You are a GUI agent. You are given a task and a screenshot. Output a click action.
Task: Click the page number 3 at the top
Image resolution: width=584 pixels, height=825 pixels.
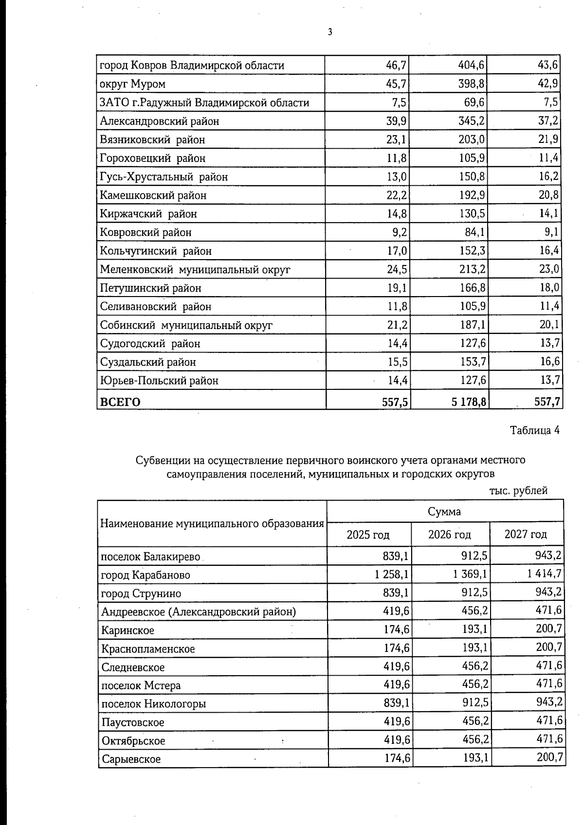click(330, 32)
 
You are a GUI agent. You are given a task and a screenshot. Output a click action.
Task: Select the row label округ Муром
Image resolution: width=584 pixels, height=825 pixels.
click(132, 84)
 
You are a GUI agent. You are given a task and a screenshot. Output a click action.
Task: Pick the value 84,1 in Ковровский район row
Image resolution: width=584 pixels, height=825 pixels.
click(474, 232)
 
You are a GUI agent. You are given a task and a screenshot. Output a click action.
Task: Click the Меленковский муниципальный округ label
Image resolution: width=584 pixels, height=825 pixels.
click(195, 269)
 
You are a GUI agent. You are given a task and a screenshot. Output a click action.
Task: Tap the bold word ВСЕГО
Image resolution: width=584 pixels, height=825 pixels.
click(120, 402)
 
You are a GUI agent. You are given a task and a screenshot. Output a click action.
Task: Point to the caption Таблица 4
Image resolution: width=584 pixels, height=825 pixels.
click(534, 430)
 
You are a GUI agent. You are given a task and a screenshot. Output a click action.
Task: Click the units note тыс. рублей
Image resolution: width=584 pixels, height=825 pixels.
click(518, 491)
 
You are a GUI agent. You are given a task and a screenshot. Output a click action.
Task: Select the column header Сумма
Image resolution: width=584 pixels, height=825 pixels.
click(444, 511)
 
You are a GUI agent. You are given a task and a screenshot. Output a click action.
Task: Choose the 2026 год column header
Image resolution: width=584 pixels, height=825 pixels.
click(449, 535)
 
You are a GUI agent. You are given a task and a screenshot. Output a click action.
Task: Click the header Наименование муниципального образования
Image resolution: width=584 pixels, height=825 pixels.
click(212, 524)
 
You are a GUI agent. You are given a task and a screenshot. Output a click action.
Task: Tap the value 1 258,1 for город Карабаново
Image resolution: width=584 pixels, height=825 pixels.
click(391, 575)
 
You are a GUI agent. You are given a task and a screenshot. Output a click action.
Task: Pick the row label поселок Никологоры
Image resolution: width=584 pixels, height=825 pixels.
click(153, 703)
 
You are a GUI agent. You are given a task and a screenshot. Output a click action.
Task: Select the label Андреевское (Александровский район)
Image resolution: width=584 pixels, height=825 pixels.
click(198, 612)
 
